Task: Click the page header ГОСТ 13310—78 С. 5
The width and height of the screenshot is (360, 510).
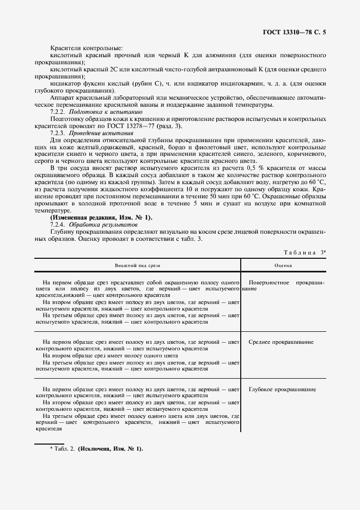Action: (x=295, y=32)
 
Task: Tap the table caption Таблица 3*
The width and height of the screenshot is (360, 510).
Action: (x=304, y=252)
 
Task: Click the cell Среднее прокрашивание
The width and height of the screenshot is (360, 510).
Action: (x=280, y=342)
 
